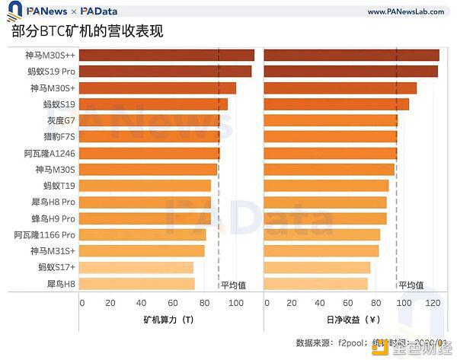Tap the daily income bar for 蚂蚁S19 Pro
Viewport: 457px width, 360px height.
[350, 72]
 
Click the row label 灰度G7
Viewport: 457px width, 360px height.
[59, 121]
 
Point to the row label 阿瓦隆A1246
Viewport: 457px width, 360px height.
[50, 153]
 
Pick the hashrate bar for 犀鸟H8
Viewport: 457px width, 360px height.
[136, 283]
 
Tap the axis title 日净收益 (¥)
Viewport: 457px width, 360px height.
[353, 320]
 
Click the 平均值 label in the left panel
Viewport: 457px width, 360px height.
[233, 285]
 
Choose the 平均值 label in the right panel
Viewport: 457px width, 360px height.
[411, 285]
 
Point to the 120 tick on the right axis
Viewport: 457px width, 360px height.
[433, 303]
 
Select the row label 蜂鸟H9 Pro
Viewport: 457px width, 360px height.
[53, 218]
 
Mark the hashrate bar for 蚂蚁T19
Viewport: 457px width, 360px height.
[145, 186]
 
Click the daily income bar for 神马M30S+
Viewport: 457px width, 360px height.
[340, 88]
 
